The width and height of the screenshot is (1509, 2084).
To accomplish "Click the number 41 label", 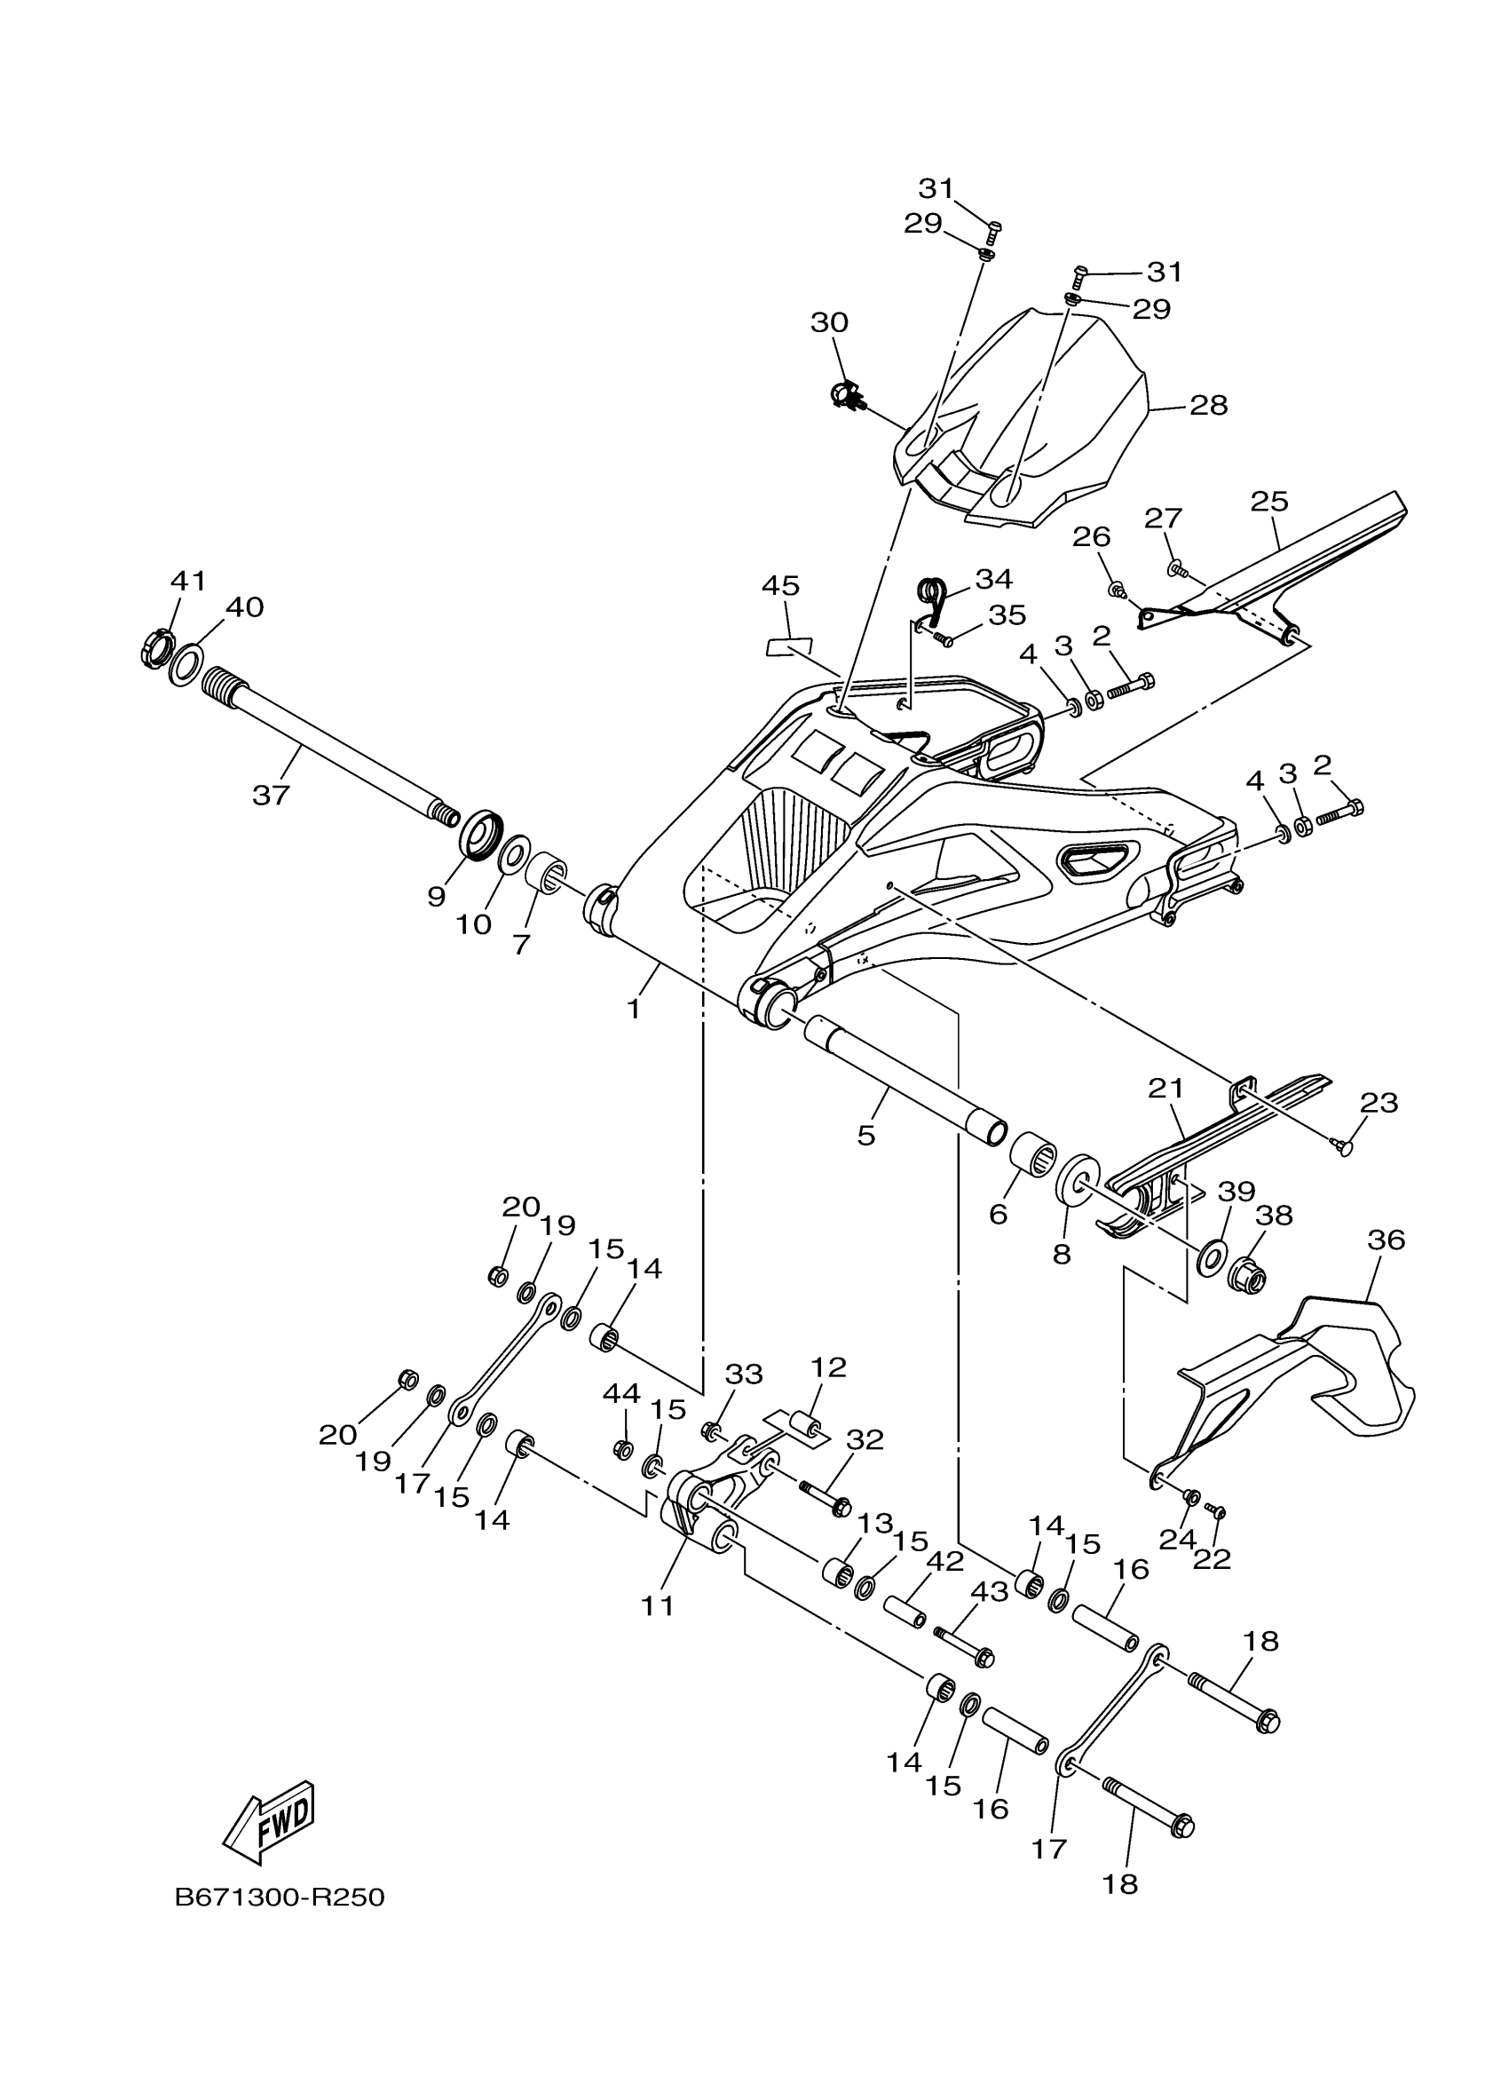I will click(188, 581).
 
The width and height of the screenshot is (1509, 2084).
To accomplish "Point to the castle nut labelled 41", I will click(154, 646).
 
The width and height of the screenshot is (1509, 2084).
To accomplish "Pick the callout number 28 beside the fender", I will click(1208, 405).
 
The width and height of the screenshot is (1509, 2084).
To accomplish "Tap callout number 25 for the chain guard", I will click(1268, 502).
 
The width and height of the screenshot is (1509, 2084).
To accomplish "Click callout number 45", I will click(779, 585).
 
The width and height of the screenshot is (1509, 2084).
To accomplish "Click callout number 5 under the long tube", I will click(866, 1136).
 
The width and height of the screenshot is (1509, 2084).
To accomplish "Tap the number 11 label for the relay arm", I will click(658, 1605).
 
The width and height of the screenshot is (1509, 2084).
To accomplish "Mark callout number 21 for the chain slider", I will click(1165, 1088).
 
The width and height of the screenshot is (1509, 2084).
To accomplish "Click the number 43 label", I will click(989, 1592).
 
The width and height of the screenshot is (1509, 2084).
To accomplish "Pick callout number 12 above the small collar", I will click(827, 1393).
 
